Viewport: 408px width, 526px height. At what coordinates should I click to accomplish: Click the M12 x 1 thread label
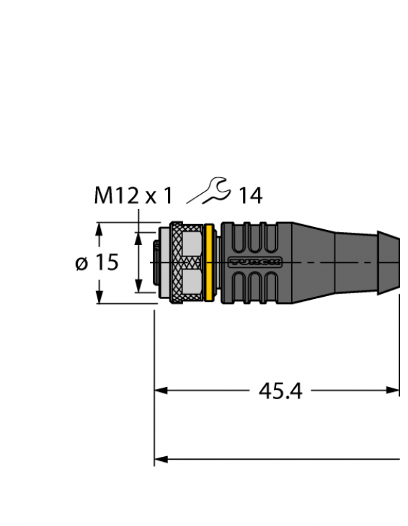(x=134, y=195)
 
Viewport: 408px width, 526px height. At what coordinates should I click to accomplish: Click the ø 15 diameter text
(x=97, y=263)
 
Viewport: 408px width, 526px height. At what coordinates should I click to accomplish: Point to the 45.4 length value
(x=280, y=391)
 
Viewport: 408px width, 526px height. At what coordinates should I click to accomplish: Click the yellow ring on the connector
(x=210, y=262)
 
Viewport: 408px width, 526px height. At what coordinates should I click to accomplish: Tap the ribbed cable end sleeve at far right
(x=389, y=262)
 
